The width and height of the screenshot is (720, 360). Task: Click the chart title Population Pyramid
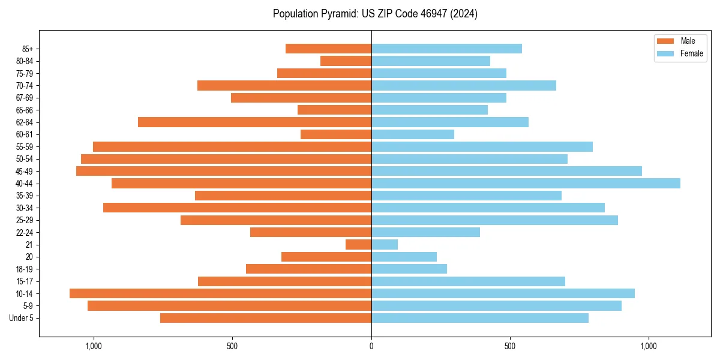click(375, 14)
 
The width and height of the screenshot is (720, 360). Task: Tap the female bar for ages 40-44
click(526, 183)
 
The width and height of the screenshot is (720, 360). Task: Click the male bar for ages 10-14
click(220, 293)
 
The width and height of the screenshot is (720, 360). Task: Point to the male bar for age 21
click(358, 244)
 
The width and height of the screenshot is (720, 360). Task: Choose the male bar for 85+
click(328, 49)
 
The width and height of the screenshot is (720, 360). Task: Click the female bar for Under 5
click(480, 318)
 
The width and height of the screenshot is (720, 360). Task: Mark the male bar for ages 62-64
click(254, 122)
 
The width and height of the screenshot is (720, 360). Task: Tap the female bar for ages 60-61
click(413, 134)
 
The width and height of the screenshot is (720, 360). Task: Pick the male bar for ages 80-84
click(346, 61)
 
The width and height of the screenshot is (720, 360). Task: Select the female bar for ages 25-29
click(494, 220)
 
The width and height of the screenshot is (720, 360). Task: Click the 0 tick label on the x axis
click(371, 346)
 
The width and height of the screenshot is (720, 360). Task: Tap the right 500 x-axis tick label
click(510, 346)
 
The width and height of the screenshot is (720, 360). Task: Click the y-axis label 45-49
click(25, 171)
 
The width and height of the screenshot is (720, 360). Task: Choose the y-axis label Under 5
click(21, 318)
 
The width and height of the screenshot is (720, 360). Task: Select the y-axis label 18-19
click(25, 269)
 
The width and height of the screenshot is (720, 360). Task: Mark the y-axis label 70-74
click(25, 85)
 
